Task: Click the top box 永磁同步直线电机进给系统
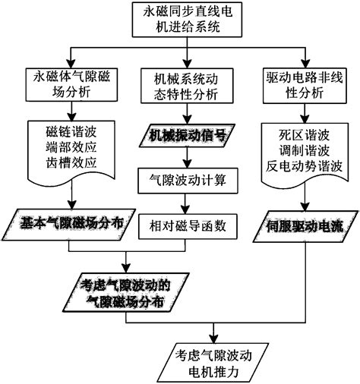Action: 181,21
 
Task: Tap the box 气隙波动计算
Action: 182,181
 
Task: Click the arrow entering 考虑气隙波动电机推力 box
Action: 216,334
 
